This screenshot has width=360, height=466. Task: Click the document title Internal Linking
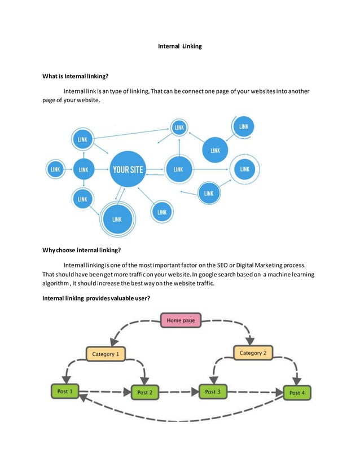coord(179,46)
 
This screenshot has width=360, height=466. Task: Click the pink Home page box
coord(181,320)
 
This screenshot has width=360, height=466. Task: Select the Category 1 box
coord(106,354)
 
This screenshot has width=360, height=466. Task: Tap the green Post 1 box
coord(65,392)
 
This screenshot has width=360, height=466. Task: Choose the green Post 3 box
coord(212,392)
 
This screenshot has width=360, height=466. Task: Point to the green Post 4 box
coord(296,393)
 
